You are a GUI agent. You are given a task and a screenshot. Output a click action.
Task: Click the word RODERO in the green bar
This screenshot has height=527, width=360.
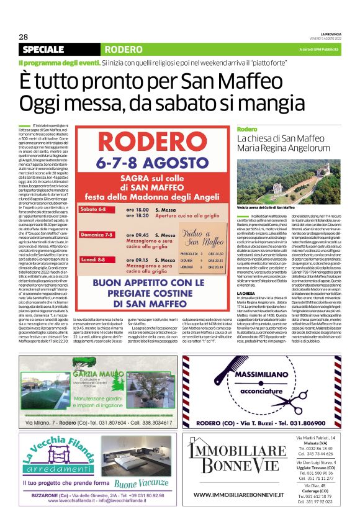coord(124,49)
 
